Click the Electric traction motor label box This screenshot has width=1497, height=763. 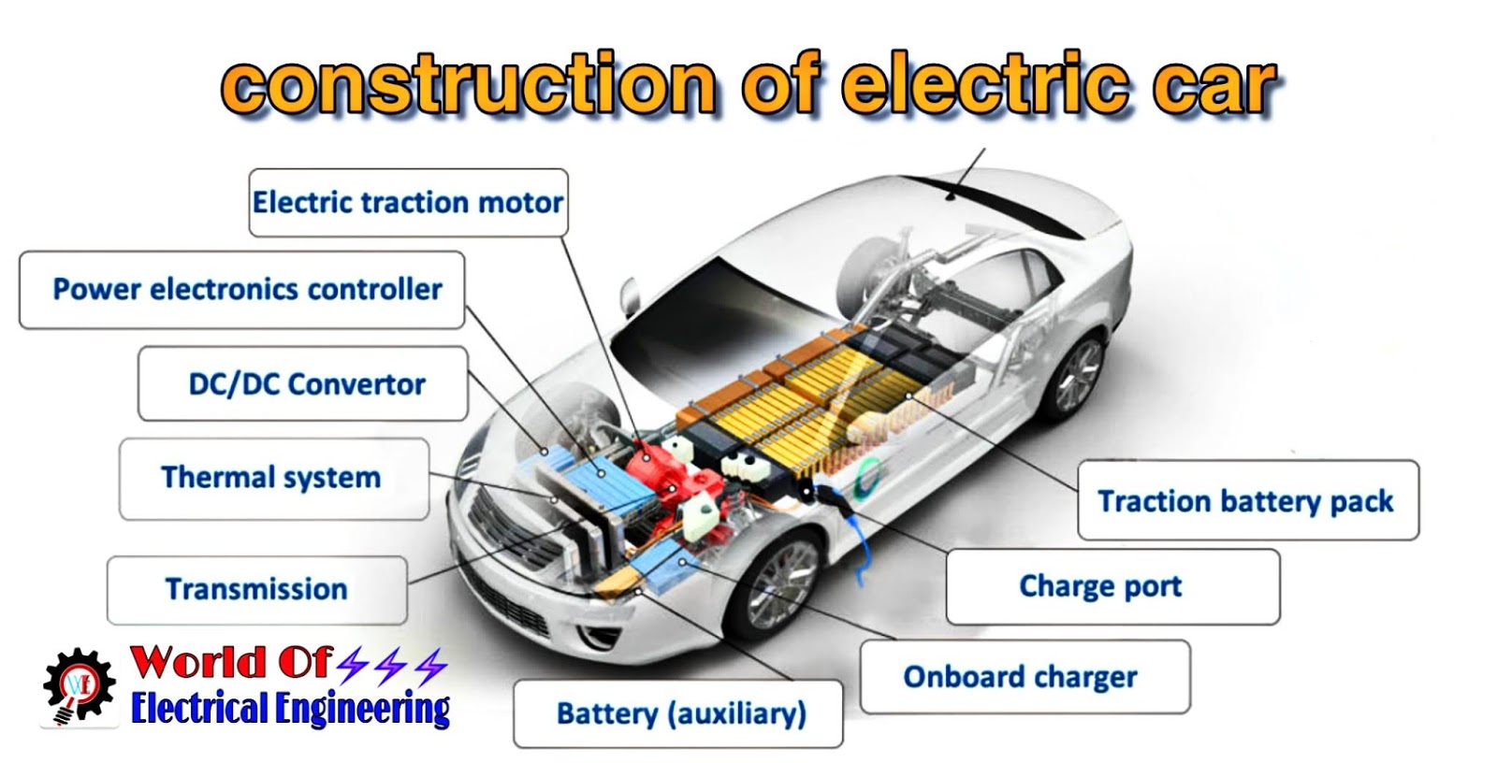[x=408, y=203]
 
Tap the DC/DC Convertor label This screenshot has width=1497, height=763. [x=303, y=384]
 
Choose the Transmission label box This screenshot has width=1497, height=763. [x=256, y=590]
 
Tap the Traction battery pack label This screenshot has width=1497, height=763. [x=1246, y=500]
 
